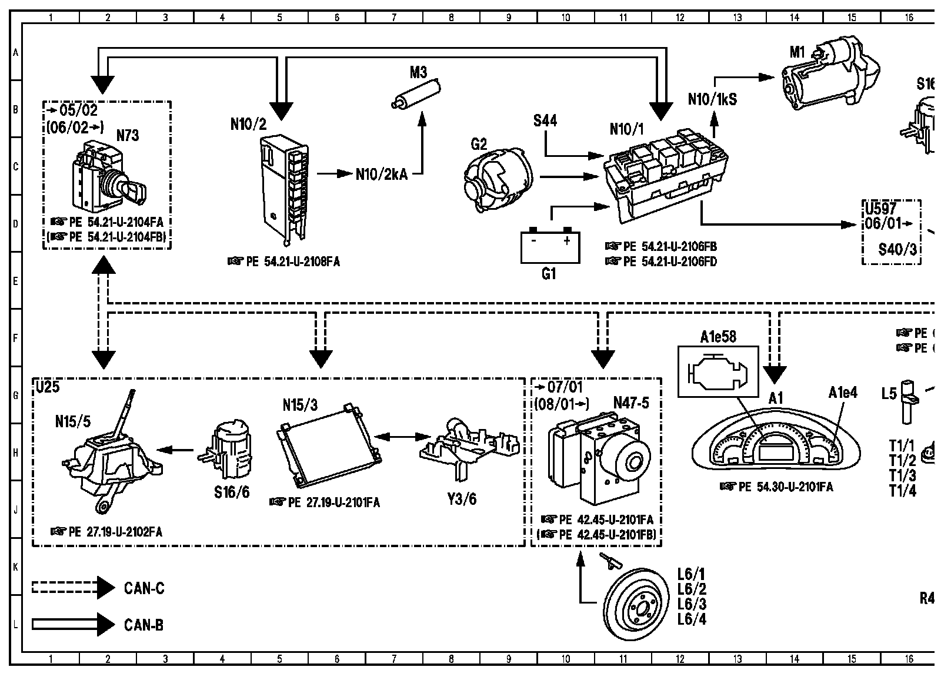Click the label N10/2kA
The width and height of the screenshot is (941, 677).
coord(381,175)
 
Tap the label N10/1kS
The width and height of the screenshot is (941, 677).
coord(712,99)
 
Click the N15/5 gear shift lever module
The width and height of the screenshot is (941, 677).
coord(112,458)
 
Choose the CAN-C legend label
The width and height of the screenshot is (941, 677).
coord(144,588)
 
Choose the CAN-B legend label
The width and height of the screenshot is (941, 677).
coord(144,625)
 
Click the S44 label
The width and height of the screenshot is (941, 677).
coord(545,121)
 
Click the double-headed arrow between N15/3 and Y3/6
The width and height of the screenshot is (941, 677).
coord(403,437)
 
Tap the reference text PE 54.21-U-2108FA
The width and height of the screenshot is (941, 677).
coord(283,262)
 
